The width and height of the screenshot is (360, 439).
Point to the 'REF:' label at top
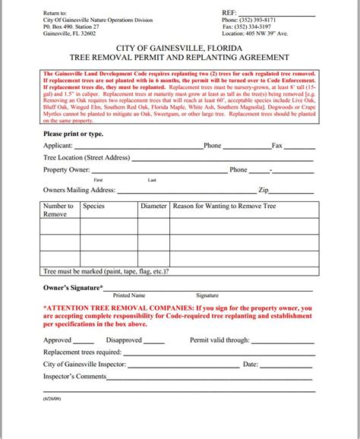click(229, 12)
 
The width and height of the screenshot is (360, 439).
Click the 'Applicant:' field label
click(58, 145)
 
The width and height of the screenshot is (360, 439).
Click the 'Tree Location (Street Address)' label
click(87, 157)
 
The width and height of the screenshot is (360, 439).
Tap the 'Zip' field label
click(264, 190)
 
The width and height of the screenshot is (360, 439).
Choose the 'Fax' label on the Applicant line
click(276, 145)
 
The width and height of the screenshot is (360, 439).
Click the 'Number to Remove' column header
click(58, 210)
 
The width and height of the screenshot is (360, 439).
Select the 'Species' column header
click(93, 206)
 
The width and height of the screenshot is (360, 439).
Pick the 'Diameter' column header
click(153, 206)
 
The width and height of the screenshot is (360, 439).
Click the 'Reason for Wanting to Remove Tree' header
click(225, 206)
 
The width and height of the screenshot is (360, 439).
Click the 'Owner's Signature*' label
click(74, 288)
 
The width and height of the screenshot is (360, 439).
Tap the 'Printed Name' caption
click(128, 295)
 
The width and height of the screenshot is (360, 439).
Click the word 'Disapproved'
click(124, 340)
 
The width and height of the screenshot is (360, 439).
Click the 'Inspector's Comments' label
click(75, 377)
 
